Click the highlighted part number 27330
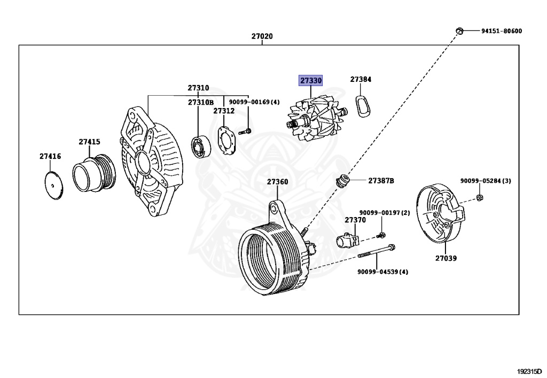310,81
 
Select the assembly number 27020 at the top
262,36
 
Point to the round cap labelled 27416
52,185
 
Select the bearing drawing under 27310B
200,148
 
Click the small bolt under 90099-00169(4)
245,131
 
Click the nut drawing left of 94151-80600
458,30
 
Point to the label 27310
198,88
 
